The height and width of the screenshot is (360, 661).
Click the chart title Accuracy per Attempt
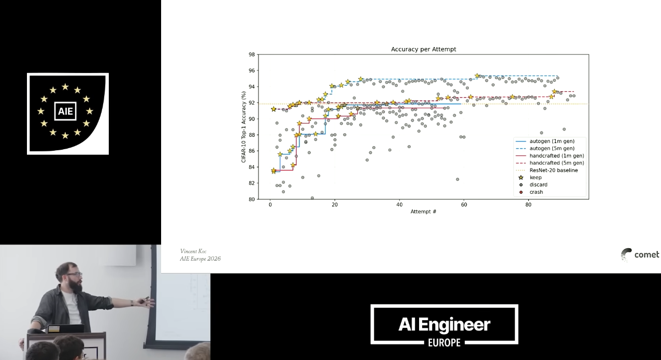point(423,49)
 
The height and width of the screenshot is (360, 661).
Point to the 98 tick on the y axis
point(251,54)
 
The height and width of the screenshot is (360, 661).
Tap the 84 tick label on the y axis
point(251,167)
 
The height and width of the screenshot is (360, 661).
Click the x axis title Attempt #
point(423,211)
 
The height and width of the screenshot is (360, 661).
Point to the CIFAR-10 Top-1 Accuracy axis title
point(243,127)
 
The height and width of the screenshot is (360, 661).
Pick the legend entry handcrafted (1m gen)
point(550,155)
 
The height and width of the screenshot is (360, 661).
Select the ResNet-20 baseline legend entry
point(547,170)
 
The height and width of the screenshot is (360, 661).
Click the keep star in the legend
point(521,177)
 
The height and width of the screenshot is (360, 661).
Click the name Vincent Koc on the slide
point(193,251)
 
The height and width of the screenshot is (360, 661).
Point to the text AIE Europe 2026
point(200,259)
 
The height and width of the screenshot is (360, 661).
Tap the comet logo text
point(646,255)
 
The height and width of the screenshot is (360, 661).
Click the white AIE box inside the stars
point(65,111)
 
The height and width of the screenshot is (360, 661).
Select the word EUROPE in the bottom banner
point(444,342)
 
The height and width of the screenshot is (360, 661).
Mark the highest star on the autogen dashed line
point(477,76)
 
